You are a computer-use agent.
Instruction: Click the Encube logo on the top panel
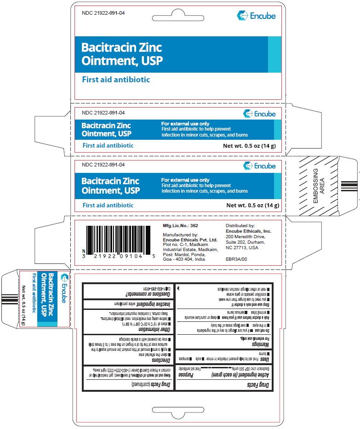click(x=256, y=16)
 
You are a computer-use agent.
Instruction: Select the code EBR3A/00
click(x=237, y=259)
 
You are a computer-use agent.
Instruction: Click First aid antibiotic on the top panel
click(x=115, y=80)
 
